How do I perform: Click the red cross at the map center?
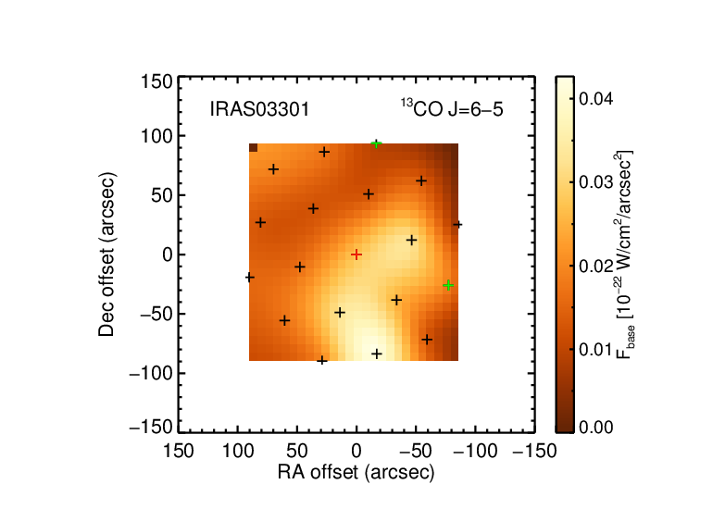coord(356,254)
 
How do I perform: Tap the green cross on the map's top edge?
coord(376,144)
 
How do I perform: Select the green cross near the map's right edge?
coord(448,285)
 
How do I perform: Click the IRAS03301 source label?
coord(259,109)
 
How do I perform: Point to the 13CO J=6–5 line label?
coord(452,109)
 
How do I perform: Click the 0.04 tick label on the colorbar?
coord(596,98)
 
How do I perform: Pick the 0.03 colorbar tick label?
coord(596,181)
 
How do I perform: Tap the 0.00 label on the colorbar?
coord(596,428)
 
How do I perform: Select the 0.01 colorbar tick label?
coord(596,350)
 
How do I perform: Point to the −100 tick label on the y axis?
coord(151,374)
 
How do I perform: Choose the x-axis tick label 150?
coord(178,452)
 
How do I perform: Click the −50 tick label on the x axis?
coord(416,452)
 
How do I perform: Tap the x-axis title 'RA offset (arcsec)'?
coord(356,473)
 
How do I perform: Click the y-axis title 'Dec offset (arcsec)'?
coord(106,254)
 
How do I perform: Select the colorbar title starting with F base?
coord(624,254)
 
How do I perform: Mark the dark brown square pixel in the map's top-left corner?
coord(254,148)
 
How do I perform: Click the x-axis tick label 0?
coord(356,452)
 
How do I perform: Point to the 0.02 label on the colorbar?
coord(596,266)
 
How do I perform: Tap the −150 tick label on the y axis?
coord(151,428)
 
